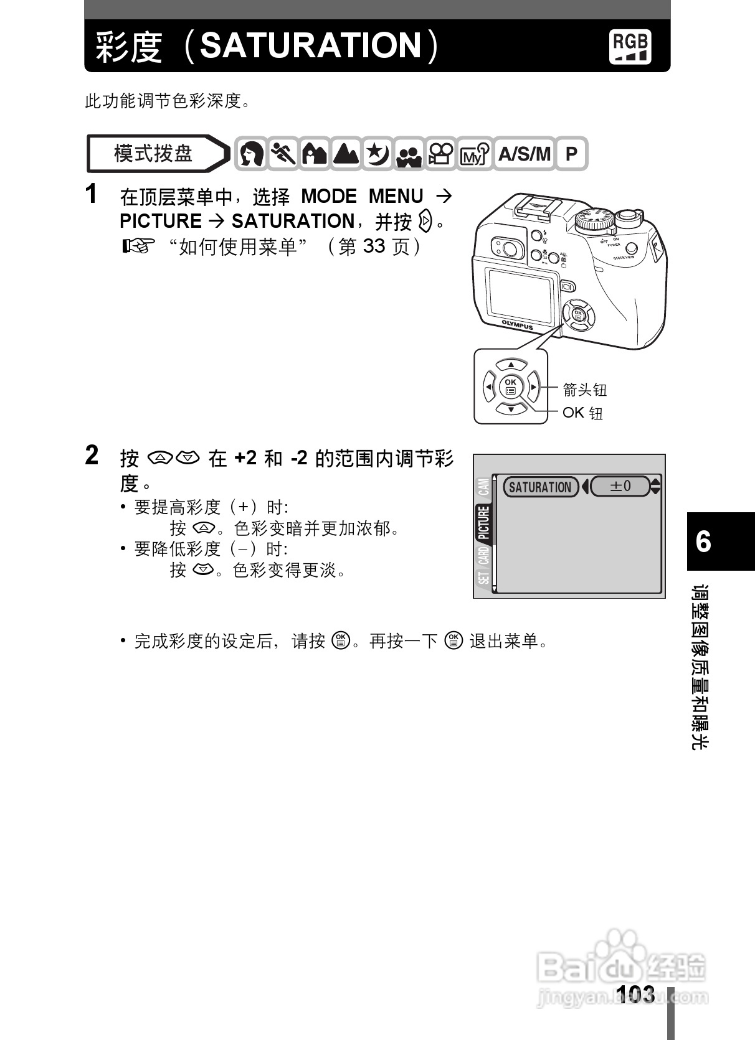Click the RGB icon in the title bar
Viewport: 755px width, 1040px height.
click(630, 46)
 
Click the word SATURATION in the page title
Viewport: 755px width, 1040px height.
click(311, 45)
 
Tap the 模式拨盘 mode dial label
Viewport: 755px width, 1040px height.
click(153, 153)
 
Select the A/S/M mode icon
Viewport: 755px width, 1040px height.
click(525, 154)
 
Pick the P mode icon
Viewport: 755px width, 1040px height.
click(571, 154)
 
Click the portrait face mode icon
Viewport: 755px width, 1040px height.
click(252, 154)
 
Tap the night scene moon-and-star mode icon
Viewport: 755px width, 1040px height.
click(377, 154)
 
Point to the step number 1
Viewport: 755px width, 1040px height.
click(92, 194)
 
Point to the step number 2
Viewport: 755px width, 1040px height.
click(92, 456)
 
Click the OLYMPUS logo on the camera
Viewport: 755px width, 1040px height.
click(518, 324)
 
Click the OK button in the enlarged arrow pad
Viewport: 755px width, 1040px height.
click(511, 386)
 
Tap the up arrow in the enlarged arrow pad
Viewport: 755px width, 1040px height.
click(511, 365)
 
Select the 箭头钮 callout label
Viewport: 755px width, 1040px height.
click(584, 390)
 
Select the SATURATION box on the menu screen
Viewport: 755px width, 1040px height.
click(540, 487)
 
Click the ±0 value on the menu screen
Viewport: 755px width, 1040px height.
click(620, 486)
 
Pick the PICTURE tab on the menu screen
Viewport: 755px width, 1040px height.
click(484, 523)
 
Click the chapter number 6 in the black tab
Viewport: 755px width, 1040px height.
click(703, 541)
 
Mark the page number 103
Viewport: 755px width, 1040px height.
click(635, 994)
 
